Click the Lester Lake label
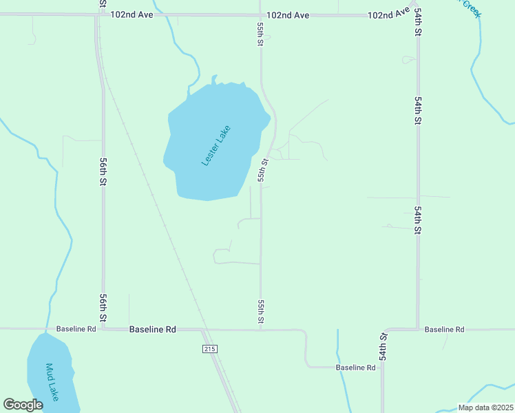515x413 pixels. (x=216, y=145)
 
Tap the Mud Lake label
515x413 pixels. (x=52, y=382)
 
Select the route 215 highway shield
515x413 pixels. (x=210, y=350)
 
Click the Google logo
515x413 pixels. (x=23, y=405)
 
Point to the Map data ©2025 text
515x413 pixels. (x=485, y=407)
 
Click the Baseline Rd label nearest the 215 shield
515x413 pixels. (x=153, y=330)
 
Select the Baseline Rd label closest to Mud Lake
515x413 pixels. (x=76, y=329)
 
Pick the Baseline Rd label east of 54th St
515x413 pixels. (x=444, y=330)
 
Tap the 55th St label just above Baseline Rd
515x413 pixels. (x=261, y=311)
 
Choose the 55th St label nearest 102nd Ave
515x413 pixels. (x=260, y=33)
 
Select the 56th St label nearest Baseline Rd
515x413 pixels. (x=103, y=308)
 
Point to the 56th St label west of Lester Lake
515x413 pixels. (x=103, y=171)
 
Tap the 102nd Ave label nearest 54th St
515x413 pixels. (x=388, y=14)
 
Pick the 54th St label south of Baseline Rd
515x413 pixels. (x=383, y=346)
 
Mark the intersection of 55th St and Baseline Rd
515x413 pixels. (x=260, y=330)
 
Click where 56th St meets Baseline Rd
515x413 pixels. (x=103, y=329)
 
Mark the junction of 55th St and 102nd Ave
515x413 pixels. (x=260, y=14)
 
